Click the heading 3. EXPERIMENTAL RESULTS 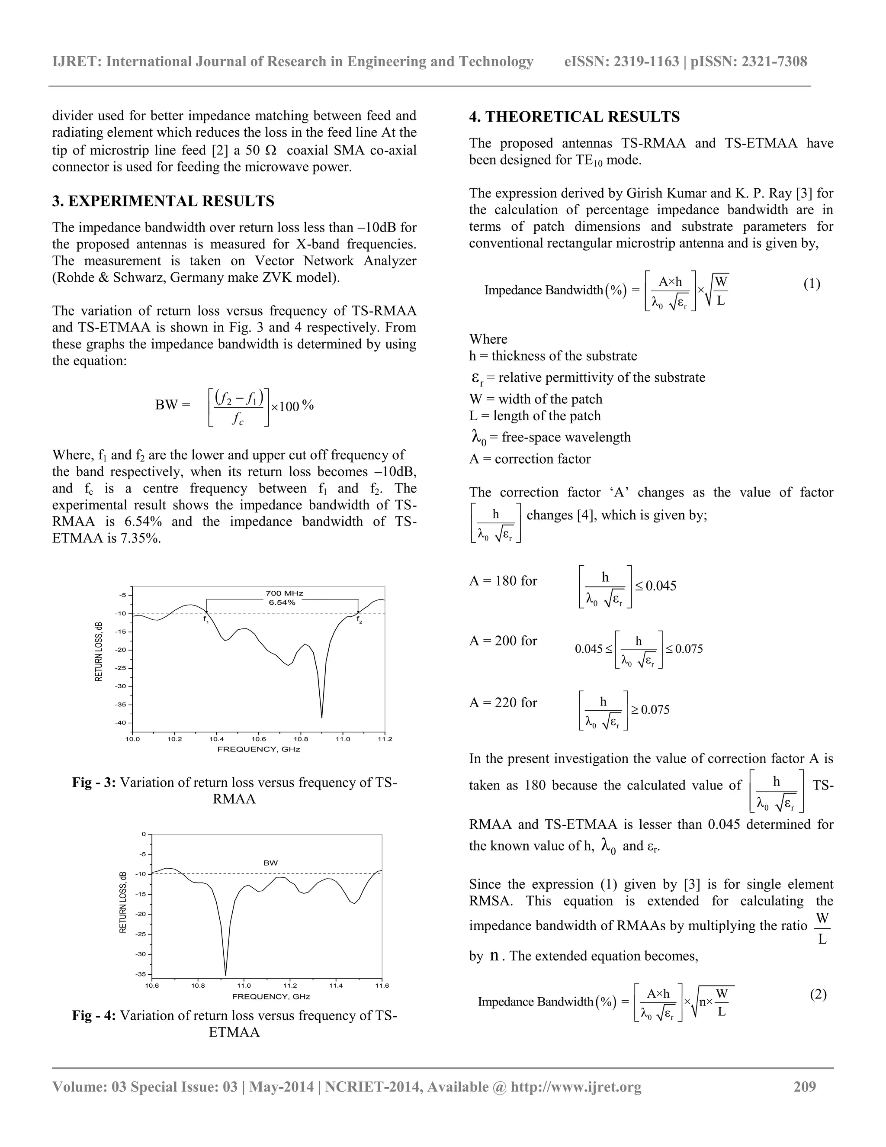pos(163,201)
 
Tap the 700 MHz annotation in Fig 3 pos(284,593)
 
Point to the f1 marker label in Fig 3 pos(206,620)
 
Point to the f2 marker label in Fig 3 pos(359,620)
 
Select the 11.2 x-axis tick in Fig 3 pos(384,739)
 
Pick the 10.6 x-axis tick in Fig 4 pos(152,986)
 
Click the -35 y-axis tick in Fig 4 pos(141,974)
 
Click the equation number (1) pos(812,284)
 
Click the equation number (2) pos(818,994)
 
